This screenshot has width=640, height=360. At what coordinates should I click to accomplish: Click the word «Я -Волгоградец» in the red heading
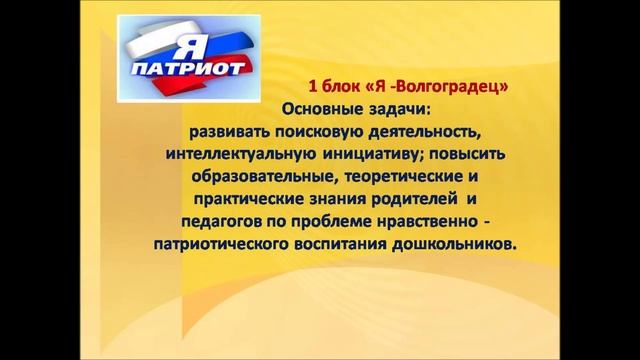[443, 87]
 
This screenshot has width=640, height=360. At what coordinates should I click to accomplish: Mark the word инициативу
[368, 156]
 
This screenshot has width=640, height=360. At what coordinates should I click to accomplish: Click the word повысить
[461, 156]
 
